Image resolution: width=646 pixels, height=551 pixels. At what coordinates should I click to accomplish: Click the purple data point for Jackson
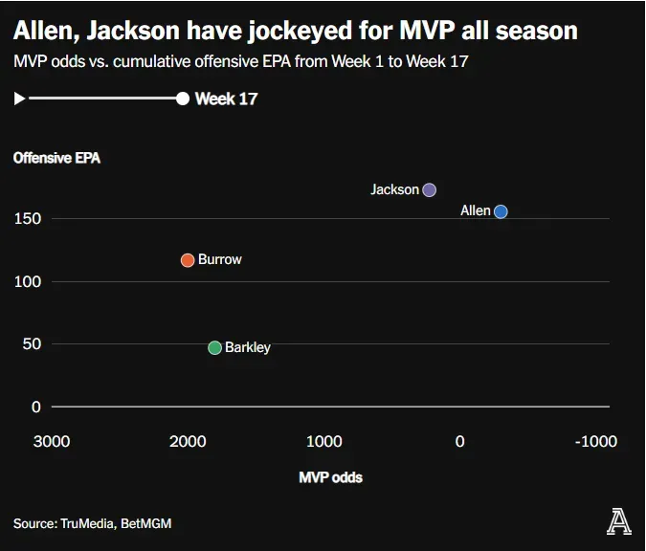pos(430,190)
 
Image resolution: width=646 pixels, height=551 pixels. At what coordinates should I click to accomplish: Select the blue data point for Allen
pos(501,211)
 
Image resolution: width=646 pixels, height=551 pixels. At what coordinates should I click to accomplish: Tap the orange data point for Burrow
pos(188,260)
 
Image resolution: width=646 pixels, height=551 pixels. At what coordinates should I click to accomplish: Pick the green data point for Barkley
pos(215,348)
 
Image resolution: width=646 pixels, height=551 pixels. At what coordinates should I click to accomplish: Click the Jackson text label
pos(394,189)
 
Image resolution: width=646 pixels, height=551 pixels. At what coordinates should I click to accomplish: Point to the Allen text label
pos(476,210)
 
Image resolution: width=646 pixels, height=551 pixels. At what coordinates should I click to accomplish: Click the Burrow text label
pos(220,259)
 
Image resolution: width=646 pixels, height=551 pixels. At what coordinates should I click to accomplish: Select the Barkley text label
pos(248,347)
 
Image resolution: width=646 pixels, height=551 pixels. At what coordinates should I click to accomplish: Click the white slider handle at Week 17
pos(183,99)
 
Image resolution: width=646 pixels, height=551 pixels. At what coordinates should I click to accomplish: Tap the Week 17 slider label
pos(226,99)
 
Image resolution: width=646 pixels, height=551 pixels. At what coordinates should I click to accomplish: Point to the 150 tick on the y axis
pos(27,219)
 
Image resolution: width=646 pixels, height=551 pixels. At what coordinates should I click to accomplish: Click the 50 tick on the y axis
pos(32,344)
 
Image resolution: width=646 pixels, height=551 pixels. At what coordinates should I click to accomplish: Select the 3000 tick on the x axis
pos(52,441)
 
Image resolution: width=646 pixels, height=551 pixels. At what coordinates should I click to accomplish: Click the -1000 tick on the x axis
pos(595,441)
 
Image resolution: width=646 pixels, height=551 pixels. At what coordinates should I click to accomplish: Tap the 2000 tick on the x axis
pos(188,441)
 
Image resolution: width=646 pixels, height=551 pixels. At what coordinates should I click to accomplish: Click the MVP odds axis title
pos(330,476)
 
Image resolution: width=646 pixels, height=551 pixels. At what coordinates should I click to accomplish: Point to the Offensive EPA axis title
pos(56,159)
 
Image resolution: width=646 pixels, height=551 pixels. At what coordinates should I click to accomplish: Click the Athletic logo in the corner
pos(618,521)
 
